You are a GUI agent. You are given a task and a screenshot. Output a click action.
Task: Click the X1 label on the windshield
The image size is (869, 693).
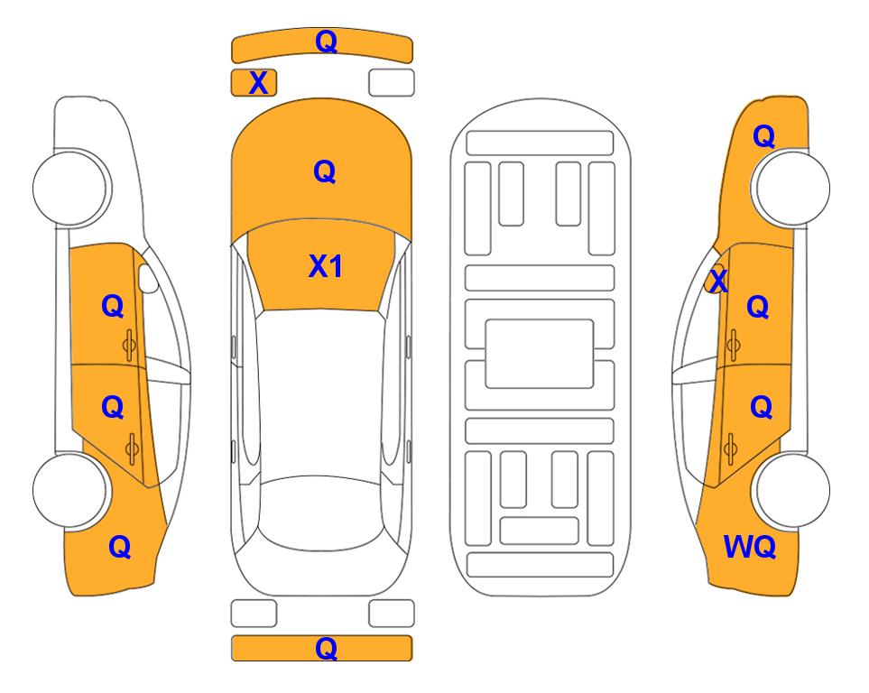click(x=326, y=266)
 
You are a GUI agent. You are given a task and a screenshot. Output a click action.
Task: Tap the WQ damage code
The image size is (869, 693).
click(x=749, y=547)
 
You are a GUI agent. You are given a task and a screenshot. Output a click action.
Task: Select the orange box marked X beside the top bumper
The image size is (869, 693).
click(x=254, y=83)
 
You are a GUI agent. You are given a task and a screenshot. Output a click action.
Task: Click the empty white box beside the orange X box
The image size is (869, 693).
click(x=392, y=83)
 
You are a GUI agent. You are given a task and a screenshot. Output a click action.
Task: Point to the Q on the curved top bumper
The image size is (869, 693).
click(x=326, y=42)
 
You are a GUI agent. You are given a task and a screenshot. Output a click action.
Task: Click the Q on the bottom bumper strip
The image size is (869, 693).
click(x=326, y=648)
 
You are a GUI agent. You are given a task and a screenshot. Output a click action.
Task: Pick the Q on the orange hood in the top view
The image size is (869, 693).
click(x=325, y=171)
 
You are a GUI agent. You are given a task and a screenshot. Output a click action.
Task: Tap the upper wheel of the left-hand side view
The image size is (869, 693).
click(x=70, y=188)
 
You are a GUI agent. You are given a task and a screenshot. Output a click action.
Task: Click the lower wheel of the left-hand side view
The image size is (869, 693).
click(x=70, y=490)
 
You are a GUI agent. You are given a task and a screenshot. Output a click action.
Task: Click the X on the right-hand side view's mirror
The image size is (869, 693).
click(x=717, y=280)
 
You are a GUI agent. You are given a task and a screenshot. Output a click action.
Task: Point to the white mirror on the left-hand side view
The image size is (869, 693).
click(x=148, y=278)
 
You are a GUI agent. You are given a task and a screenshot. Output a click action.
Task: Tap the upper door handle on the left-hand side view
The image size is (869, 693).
click(x=129, y=346)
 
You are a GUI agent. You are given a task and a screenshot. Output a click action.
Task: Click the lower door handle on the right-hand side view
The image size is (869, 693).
click(x=730, y=449)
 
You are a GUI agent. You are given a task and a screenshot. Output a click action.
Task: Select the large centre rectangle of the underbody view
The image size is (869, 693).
click(x=540, y=354)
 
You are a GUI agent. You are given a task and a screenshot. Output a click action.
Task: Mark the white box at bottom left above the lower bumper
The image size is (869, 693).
click(x=254, y=614)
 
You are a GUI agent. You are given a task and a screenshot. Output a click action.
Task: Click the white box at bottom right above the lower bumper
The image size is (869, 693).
click(x=392, y=614)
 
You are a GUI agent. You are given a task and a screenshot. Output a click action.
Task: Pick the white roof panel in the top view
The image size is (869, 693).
click(x=321, y=393)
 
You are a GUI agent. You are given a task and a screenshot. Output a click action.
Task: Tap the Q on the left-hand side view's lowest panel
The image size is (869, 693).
click(x=119, y=547)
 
